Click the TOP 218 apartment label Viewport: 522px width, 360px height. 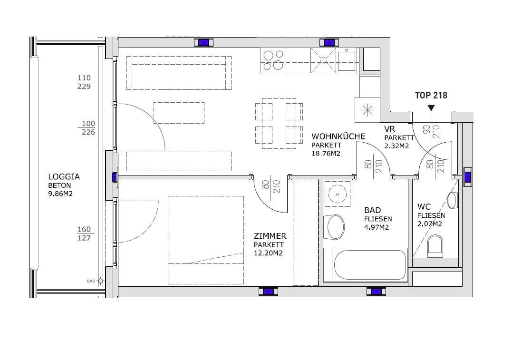(x=431, y=95)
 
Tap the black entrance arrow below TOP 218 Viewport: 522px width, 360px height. (x=431, y=108)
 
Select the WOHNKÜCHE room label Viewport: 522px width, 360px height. (x=338, y=136)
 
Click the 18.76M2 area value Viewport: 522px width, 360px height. (x=326, y=153)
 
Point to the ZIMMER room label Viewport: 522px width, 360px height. (x=270, y=236)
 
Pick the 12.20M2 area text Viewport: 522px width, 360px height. (x=268, y=253)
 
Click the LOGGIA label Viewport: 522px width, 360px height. (x=64, y=176)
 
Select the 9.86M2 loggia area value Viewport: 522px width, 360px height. (x=60, y=194)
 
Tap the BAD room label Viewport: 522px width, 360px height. (x=372, y=210)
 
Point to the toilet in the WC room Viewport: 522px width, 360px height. (x=435, y=245)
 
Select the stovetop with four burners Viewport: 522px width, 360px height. (x=273, y=60)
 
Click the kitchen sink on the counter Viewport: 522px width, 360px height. (x=346, y=60)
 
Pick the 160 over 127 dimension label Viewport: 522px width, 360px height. (x=84, y=234)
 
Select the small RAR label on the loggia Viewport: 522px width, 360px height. (x=91, y=281)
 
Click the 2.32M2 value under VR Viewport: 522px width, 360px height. (x=396, y=146)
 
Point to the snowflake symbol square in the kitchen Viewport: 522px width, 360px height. (x=367, y=110)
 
